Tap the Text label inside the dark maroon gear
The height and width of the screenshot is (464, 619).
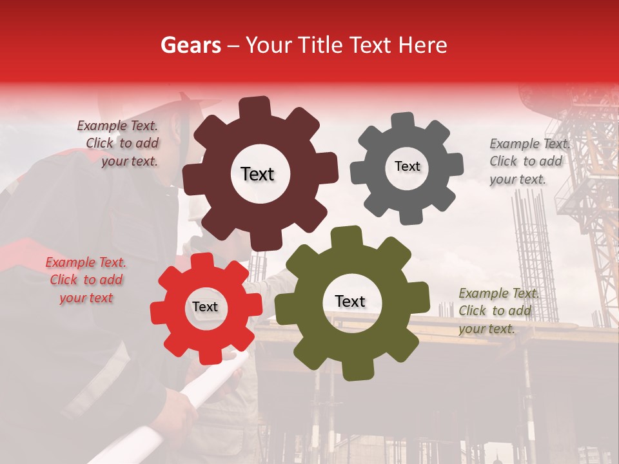[257, 174]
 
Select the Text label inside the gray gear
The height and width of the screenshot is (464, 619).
[407, 166]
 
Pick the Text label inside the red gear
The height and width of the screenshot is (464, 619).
[205, 307]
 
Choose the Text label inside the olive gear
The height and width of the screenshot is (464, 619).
[350, 301]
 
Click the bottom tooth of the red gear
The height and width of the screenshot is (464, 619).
[209, 355]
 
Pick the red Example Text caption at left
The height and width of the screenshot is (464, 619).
[86, 280]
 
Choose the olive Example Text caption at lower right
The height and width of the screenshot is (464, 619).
[497, 311]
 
